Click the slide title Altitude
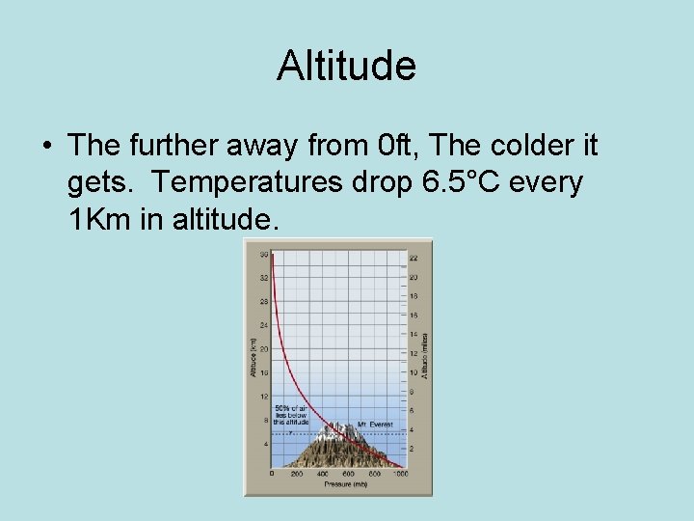point(346,66)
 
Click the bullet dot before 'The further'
point(46,147)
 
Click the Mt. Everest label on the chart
point(375,425)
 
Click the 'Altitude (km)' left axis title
point(252,358)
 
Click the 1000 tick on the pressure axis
point(400,474)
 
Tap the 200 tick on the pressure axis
point(297,474)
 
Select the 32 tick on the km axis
point(263,278)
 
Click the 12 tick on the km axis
point(263,397)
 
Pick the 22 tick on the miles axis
point(414,258)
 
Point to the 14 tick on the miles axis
point(414,334)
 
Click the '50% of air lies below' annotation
point(291,415)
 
